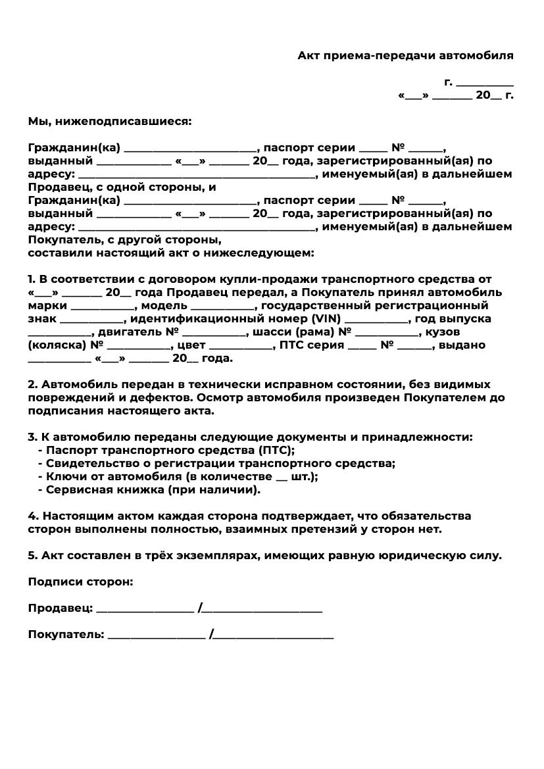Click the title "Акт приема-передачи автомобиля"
tap(405, 56)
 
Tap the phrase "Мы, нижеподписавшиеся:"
tap(110, 122)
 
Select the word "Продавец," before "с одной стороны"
tap(57, 187)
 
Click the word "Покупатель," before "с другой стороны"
tap(61, 240)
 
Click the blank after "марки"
tap(101, 307)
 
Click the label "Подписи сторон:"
tap(80, 582)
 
